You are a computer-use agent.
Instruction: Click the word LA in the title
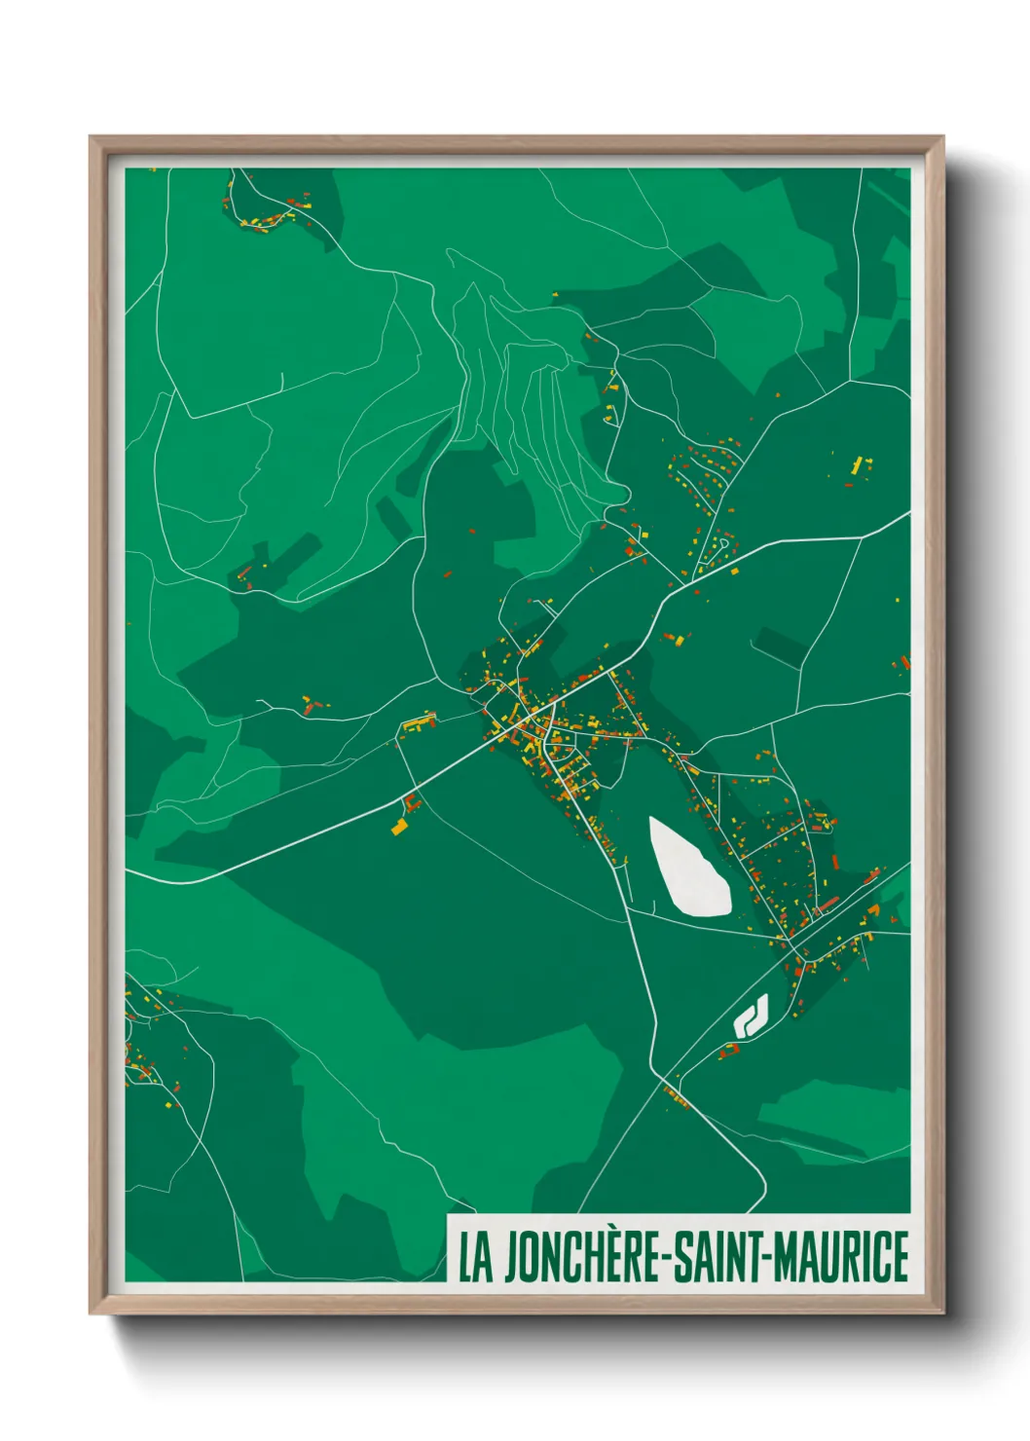click(475, 1257)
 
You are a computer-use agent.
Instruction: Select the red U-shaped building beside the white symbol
click(729, 1052)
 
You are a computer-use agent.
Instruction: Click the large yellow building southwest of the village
click(399, 828)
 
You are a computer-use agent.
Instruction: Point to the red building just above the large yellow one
click(411, 802)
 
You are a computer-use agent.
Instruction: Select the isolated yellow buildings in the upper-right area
click(860, 464)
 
